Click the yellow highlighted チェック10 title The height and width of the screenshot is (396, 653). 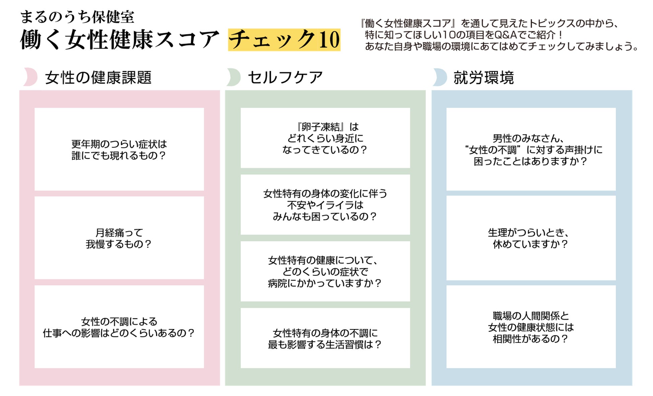(x=284, y=40)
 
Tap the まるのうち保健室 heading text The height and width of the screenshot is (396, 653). (x=77, y=17)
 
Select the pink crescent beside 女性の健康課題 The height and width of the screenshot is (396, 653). (x=31, y=77)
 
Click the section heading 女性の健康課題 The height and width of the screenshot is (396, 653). (x=98, y=77)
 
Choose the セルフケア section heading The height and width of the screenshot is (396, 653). (x=285, y=77)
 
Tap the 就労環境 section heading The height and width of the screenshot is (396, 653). (x=484, y=77)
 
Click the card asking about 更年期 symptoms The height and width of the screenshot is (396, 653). (x=119, y=150)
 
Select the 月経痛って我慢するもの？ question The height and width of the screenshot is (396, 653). (x=119, y=238)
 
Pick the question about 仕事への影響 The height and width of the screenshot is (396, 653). (x=119, y=327)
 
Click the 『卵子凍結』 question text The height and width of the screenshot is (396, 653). (x=325, y=138)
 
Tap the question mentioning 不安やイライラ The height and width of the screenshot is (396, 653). (x=325, y=205)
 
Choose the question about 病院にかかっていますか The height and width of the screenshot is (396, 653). (x=325, y=272)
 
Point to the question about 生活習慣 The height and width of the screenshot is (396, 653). (x=325, y=339)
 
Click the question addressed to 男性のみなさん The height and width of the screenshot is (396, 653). (x=531, y=150)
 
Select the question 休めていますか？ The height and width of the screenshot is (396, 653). (x=531, y=238)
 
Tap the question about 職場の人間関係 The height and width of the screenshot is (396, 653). (x=531, y=327)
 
